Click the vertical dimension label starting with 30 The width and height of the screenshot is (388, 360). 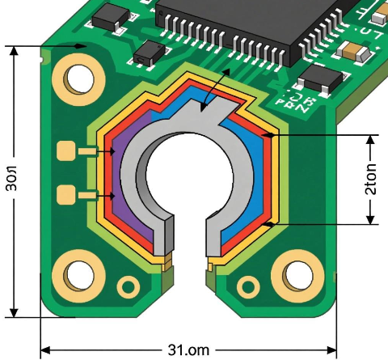point(14,181)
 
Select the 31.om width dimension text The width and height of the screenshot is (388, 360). point(188,349)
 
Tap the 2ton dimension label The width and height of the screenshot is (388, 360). point(370,179)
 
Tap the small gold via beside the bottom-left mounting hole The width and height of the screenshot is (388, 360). point(128,286)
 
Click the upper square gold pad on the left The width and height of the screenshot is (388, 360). point(67,151)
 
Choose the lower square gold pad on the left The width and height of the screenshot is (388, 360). point(67,194)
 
